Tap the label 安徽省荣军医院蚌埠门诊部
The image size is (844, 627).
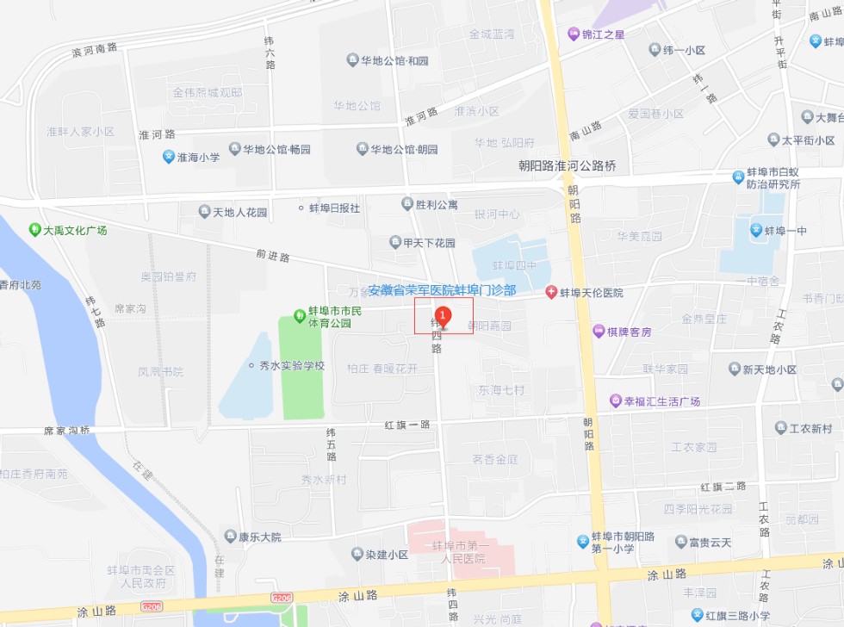click(442, 290)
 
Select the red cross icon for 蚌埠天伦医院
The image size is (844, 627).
click(551, 293)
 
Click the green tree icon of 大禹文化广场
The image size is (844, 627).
click(34, 230)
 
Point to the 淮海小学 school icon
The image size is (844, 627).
click(169, 157)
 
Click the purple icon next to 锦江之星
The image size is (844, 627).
click(573, 34)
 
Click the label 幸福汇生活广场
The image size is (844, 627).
click(661, 401)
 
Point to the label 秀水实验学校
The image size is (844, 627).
click(292, 365)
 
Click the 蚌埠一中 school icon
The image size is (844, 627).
click(755, 230)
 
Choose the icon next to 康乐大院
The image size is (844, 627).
click(230, 537)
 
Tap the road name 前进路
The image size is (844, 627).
click(272, 256)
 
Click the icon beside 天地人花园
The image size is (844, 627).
click(204, 212)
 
